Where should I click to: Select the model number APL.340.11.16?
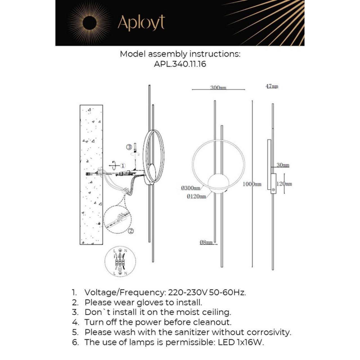point(180,64)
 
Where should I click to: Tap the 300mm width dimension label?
point(218,87)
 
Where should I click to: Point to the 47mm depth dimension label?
point(272,86)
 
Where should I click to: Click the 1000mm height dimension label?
point(252,184)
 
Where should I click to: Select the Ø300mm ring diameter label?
point(191,188)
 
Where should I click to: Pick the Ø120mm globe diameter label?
point(196,196)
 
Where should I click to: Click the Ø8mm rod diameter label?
point(206,242)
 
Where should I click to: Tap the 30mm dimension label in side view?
point(283,165)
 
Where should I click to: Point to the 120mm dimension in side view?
point(284,184)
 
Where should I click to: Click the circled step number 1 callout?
point(123,165)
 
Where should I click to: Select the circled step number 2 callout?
point(131,231)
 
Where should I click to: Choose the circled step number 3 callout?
point(129,147)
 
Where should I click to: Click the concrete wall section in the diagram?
point(91,174)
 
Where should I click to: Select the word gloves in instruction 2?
point(150,302)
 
